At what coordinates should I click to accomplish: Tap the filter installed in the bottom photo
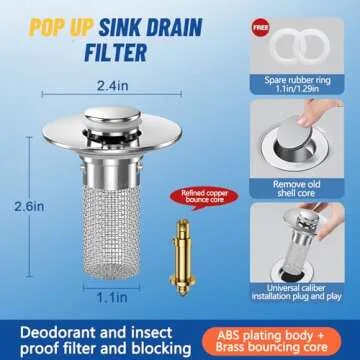point(302,225)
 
